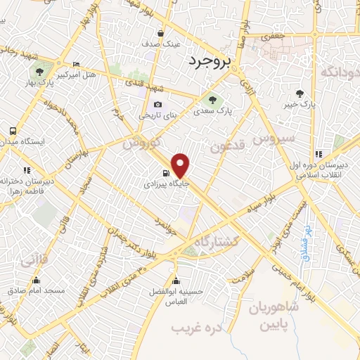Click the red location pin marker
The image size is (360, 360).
click(181, 165)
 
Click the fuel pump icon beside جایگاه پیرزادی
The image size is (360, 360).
click(165, 174)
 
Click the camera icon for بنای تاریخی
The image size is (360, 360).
click(157, 105)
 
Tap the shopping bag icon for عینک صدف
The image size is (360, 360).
click(161, 33)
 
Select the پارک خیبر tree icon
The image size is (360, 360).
click(300, 94)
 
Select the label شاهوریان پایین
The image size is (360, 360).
click(274, 316)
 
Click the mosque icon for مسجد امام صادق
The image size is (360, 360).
click(36, 281)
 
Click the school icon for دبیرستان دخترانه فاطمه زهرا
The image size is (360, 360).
click(27, 170)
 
